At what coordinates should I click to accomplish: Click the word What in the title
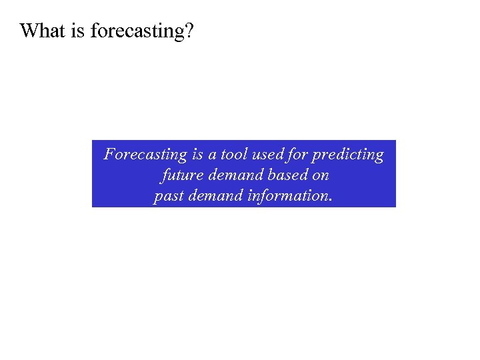click(43, 31)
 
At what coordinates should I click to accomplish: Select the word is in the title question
click(78, 31)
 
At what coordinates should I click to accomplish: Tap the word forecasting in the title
click(135, 31)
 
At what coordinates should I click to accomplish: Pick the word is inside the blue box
click(197, 155)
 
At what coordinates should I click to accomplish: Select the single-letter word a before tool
click(212, 155)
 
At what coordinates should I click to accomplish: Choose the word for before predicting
click(300, 155)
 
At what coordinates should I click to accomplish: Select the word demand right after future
click(229, 176)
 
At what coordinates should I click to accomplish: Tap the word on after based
click(320, 176)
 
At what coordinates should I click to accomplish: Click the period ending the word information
click(330, 201)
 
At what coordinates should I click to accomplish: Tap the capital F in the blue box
click(109, 155)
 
